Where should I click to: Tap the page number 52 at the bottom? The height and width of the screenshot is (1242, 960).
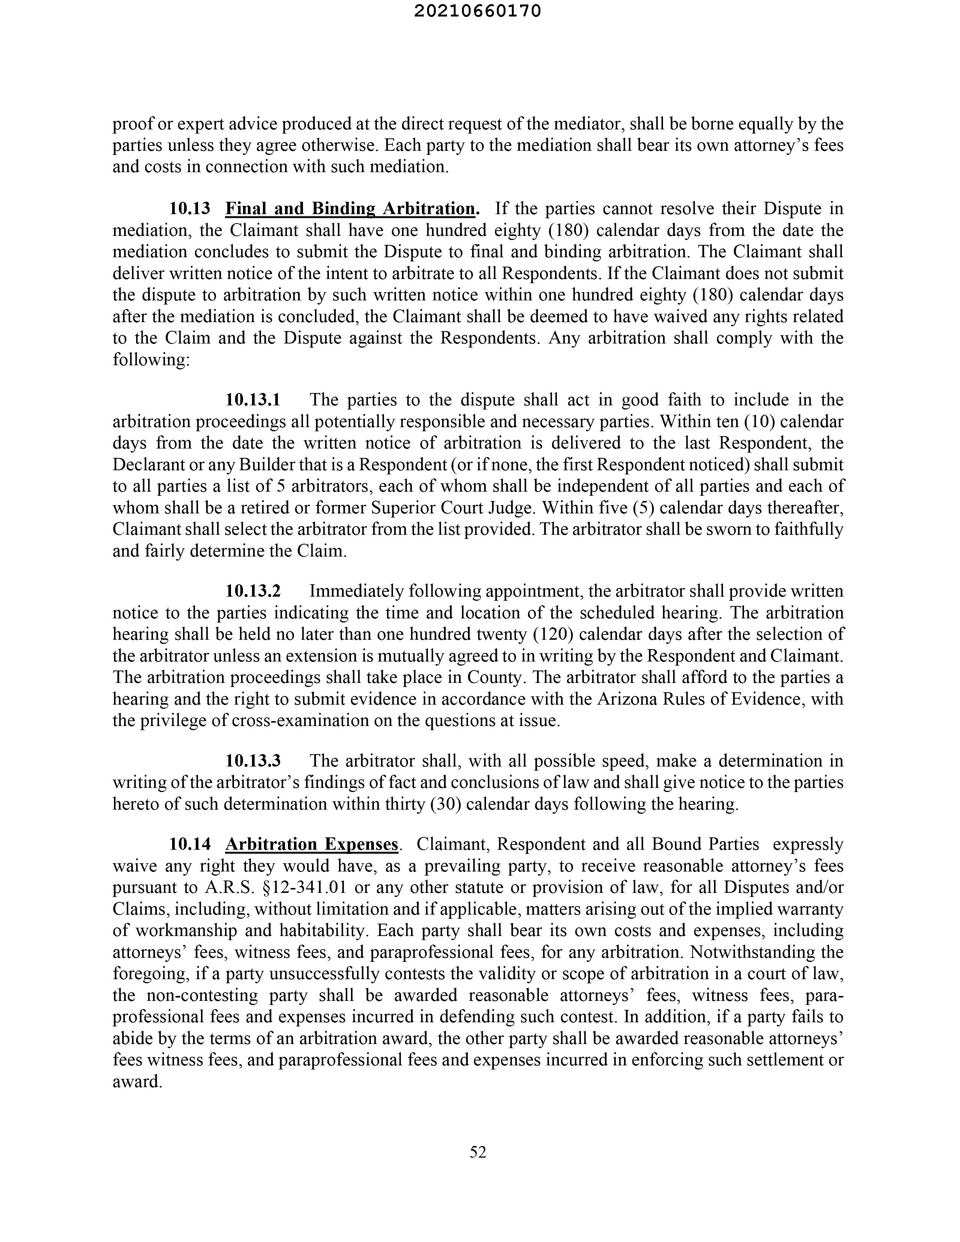coord(478,1152)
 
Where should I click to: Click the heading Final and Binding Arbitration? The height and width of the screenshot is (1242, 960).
coord(350,209)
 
